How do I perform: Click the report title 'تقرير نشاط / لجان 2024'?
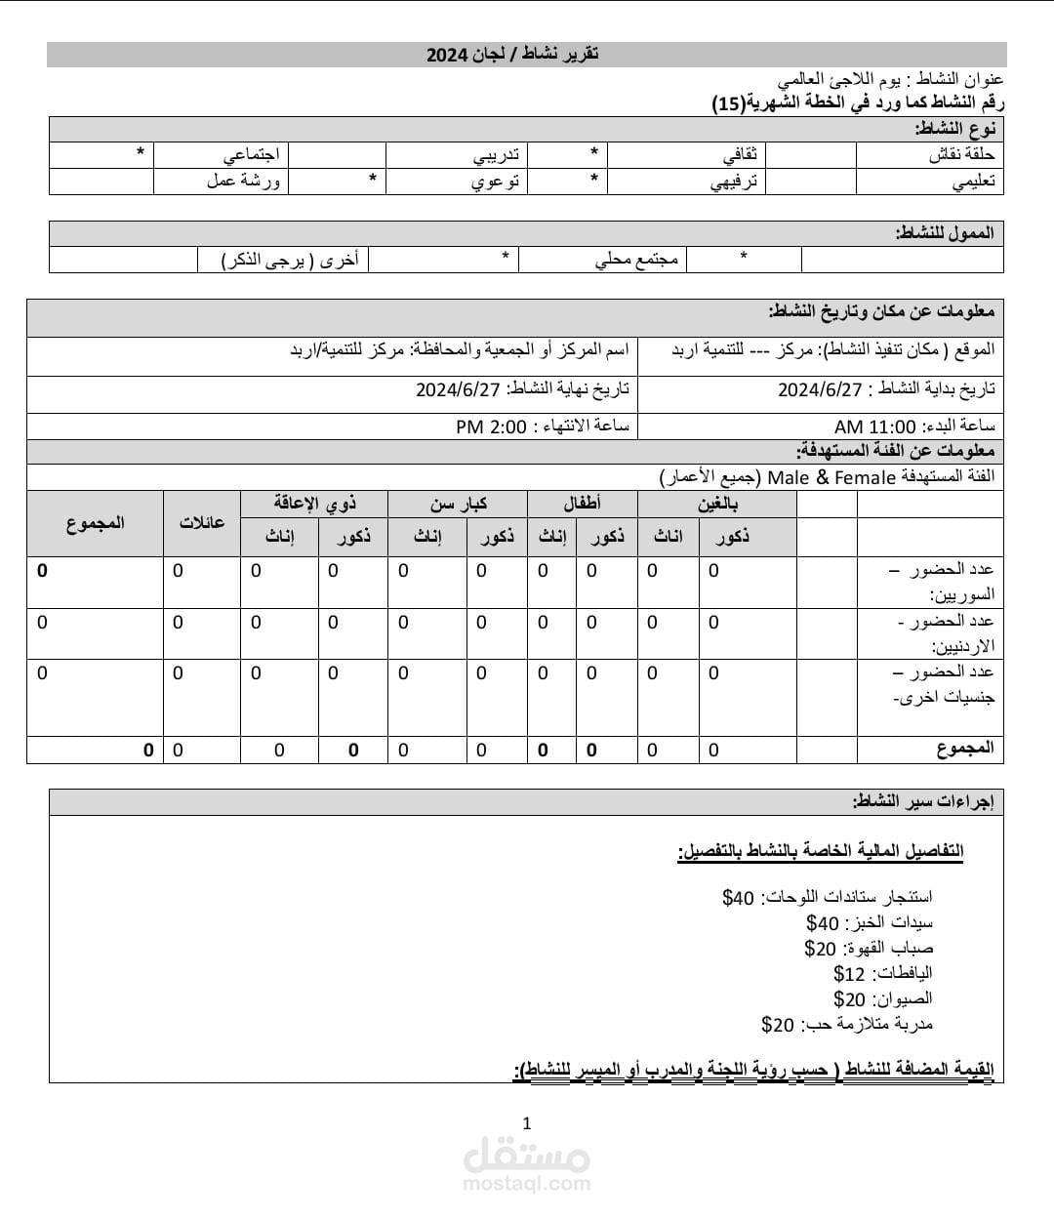click(512, 55)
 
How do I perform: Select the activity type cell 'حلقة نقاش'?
click(961, 155)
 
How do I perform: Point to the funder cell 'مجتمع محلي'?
click(636, 260)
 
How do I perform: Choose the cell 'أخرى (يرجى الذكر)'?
click(290, 260)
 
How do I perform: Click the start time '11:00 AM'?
click(875, 427)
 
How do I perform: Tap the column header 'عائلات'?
click(202, 522)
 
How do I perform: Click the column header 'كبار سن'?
click(458, 504)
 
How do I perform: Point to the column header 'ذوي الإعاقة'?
click(314, 504)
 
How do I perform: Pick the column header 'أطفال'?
click(583, 504)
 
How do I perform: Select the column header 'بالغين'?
click(717, 504)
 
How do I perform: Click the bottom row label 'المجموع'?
click(964, 749)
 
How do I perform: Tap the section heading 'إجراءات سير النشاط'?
click(922, 802)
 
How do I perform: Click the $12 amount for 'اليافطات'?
click(849, 974)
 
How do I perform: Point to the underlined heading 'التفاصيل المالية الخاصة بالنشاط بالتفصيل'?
click(821, 851)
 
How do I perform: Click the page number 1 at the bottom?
click(527, 1123)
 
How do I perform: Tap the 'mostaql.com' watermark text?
click(527, 1184)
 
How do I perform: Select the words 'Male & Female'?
click(831, 477)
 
